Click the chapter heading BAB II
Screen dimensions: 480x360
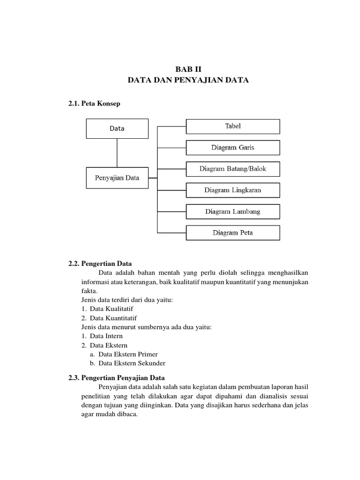coord(187,68)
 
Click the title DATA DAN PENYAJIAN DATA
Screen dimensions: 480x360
coord(188,81)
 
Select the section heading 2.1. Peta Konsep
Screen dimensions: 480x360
coord(94,104)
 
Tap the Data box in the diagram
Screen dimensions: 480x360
coord(117,128)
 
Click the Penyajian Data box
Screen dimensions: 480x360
coord(117,178)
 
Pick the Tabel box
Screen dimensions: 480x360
coord(233,126)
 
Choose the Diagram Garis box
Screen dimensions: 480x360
coord(233,148)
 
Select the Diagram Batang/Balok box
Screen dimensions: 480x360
coord(233,169)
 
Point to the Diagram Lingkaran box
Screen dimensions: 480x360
coord(233,190)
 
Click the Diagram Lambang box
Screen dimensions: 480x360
coord(233,211)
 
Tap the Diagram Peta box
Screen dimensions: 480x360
coord(233,233)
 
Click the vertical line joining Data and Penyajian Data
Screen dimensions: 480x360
coord(117,153)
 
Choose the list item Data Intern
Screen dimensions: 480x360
coord(106,336)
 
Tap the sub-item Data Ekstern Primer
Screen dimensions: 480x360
coord(128,354)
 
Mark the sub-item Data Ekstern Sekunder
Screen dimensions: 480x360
coord(132,363)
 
